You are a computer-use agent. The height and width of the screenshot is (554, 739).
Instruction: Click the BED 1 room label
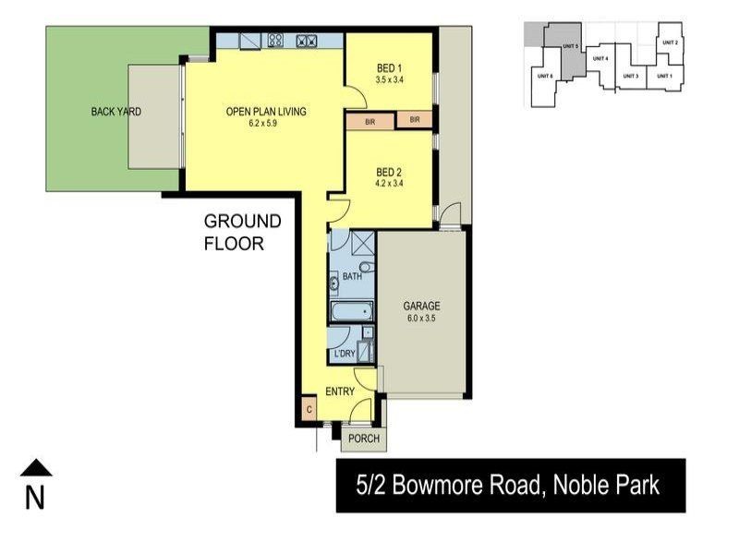(x=389, y=67)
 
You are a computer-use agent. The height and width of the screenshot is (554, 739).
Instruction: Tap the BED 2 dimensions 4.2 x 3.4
(x=389, y=183)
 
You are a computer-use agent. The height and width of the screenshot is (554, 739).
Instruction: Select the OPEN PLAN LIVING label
(x=265, y=112)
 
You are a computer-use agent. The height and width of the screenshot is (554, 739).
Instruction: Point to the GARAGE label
(x=421, y=307)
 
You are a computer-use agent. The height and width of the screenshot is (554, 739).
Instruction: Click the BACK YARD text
(x=115, y=112)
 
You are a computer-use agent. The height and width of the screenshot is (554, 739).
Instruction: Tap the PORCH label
(x=363, y=439)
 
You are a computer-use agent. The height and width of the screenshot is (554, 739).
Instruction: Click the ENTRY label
(x=340, y=391)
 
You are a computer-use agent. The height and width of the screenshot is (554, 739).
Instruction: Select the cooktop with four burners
(x=307, y=41)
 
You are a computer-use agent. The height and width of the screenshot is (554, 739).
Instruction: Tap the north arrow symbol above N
(x=36, y=468)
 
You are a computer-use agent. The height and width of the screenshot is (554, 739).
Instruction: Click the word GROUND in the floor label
(x=242, y=222)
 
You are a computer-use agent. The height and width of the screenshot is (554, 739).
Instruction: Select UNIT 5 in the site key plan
(x=570, y=46)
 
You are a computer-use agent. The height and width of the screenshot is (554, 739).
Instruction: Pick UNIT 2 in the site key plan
(x=671, y=42)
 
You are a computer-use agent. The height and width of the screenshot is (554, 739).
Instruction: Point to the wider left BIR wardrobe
(x=369, y=120)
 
